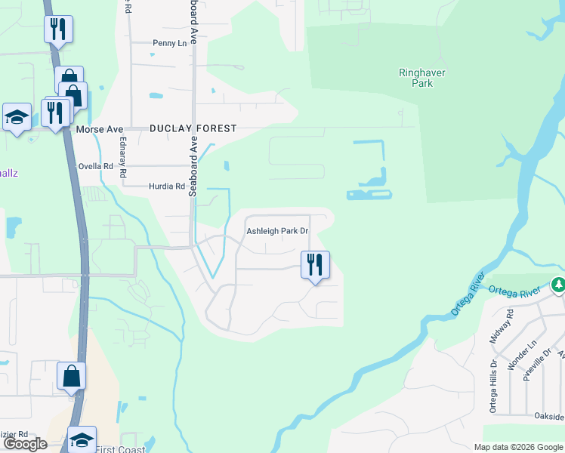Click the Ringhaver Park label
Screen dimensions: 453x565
click(x=416, y=79)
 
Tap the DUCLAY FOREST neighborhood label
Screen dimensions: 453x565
click(x=193, y=129)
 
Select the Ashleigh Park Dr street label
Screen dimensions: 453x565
click(x=278, y=231)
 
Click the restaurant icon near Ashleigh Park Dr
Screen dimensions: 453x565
click(x=315, y=265)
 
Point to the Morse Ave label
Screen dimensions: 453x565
click(x=100, y=130)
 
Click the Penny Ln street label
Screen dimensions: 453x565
click(x=169, y=44)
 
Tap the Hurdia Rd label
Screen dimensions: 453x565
click(x=167, y=186)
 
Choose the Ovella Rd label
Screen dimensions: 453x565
click(x=96, y=166)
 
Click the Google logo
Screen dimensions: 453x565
click(x=25, y=444)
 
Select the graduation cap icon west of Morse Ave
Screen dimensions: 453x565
click(x=17, y=117)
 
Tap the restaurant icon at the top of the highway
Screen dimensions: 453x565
click(x=58, y=29)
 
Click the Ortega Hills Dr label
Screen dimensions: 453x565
click(x=493, y=375)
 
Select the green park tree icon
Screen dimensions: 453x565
click(x=558, y=285)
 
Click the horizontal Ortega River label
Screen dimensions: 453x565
click(x=515, y=291)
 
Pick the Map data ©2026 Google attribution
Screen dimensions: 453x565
click(x=518, y=447)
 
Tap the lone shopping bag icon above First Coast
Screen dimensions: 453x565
click(x=72, y=376)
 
